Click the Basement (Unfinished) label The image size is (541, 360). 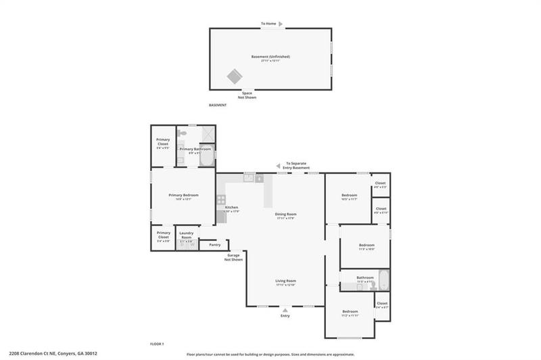pos(270,56)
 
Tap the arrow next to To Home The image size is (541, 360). pos(281,24)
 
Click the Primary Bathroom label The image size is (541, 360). pos(195,148)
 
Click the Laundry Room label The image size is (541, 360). pos(187,235)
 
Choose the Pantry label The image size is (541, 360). pos(215,244)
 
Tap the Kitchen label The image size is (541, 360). pos(231,207)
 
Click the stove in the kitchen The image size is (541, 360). pos(221,200)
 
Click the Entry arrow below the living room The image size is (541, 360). pos(285,310)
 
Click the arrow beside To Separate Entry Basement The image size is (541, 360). pos(278,165)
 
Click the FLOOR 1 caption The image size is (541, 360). pos(157,344)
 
